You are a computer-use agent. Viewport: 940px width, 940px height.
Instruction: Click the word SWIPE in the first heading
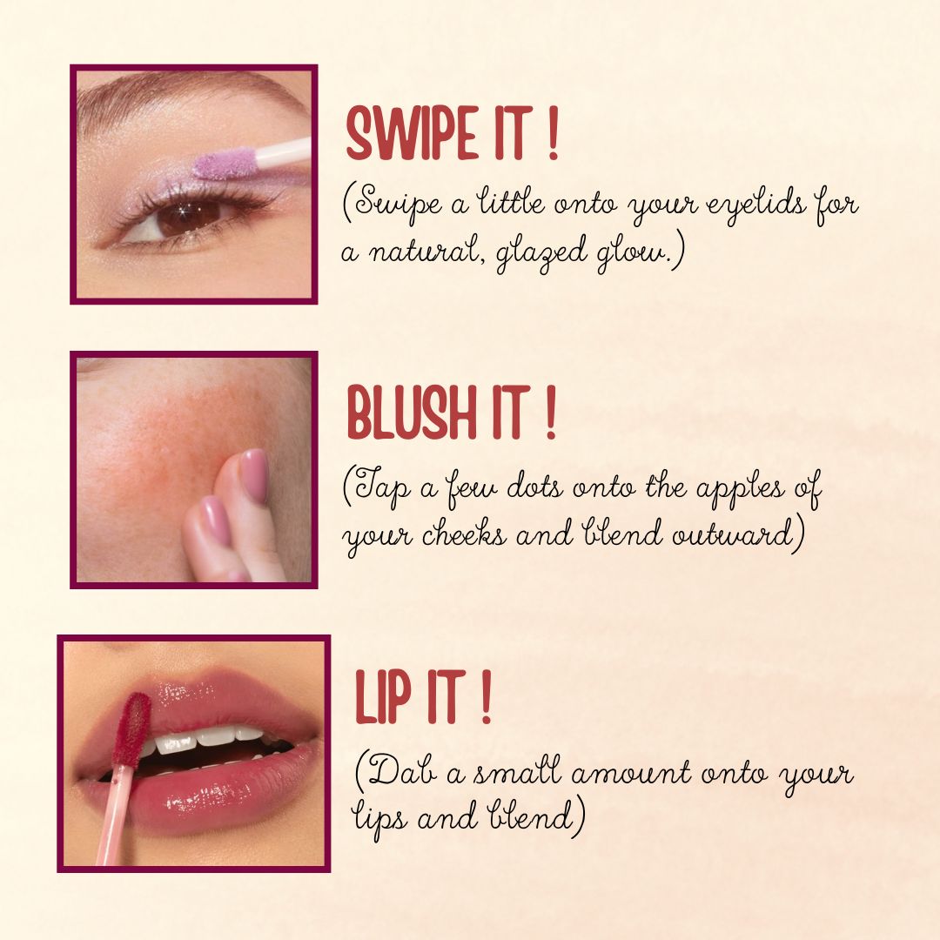point(413,133)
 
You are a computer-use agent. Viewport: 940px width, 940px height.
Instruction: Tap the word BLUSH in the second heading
point(413,413)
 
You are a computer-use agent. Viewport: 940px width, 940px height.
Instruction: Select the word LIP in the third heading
point(383,696)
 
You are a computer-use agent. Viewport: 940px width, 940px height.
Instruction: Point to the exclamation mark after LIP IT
point(486,696)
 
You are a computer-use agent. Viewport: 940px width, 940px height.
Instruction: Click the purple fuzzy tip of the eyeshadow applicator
point(225,164)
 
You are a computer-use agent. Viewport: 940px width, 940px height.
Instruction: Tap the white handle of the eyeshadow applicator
point(282,152)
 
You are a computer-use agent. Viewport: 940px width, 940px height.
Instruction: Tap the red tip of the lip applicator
point(131,729)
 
